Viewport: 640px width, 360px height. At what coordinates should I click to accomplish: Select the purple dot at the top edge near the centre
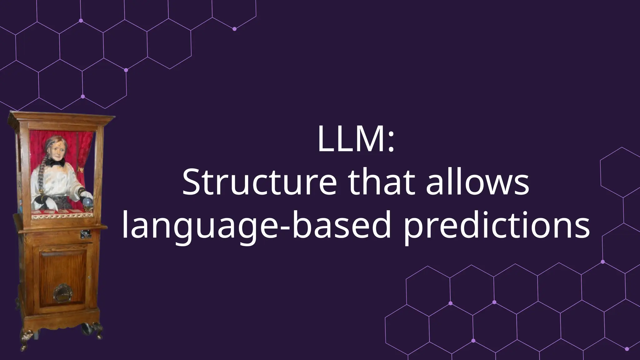pos(234,29)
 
